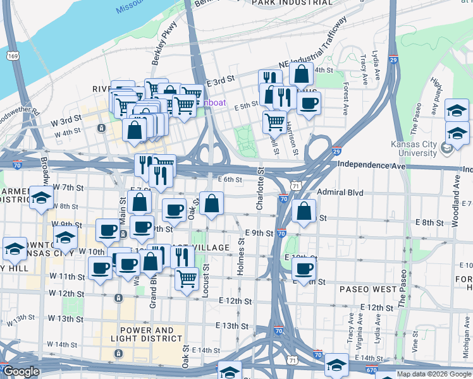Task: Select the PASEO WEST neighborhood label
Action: pos(367,289)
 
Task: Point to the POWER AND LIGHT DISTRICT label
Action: pos(146,334)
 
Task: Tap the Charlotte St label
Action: pos(259,189)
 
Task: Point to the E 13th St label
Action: pos(232,325)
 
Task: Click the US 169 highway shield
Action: pos(11,56)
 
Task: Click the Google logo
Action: pos(20,371)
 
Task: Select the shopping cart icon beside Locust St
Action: pos(187,279)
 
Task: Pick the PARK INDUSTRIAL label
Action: pos(292,3)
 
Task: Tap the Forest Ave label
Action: pos(345,99)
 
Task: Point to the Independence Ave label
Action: pos(370,165)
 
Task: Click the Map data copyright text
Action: pos(434,374)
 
